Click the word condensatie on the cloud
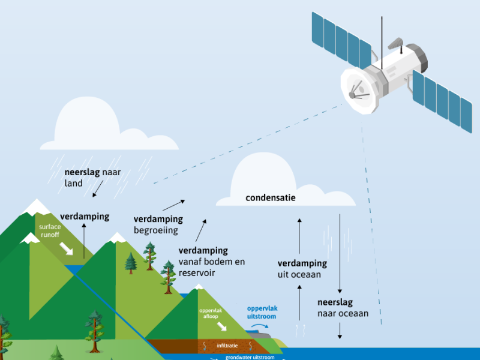click(x=270, y=197)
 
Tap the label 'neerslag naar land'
click(x=92, y=178)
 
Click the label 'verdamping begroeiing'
click(x=158, y=224)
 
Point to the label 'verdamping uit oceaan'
click(x=302, y=269)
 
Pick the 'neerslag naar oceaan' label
click(x=343, y=308)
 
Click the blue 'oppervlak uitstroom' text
click(x=262, y=312)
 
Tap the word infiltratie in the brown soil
click(x=229, y=346)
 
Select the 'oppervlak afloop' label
click(x=211, y=314)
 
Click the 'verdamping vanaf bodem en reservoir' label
click(x=211, y=261)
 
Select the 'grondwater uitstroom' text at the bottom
click(x=250, y=357)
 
